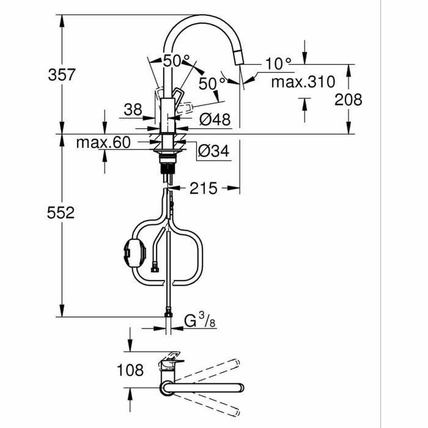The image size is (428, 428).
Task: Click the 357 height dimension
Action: click(x=62, y=75)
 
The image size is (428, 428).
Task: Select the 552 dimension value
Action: click(x=61, y=213)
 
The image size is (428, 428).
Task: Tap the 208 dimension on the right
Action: click(x=348, y=100)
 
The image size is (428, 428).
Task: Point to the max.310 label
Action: click(x=303, y=82)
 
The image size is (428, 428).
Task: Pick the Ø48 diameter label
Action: click(x=215, y=119)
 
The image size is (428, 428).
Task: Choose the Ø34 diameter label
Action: click(x=214, y=152)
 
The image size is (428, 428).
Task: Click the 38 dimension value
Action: click(x=133, y=109)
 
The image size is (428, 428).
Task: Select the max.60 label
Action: click(x=103, y=143)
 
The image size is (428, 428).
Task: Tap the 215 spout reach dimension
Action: click(x=203, y=188)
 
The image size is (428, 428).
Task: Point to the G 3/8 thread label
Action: click(x=200, y=322)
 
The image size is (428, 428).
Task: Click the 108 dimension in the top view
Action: click(x=130, y=370)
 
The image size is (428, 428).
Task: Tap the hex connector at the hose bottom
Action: click(x=168, y=315)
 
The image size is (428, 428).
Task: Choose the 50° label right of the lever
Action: click(x=212, y=84)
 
